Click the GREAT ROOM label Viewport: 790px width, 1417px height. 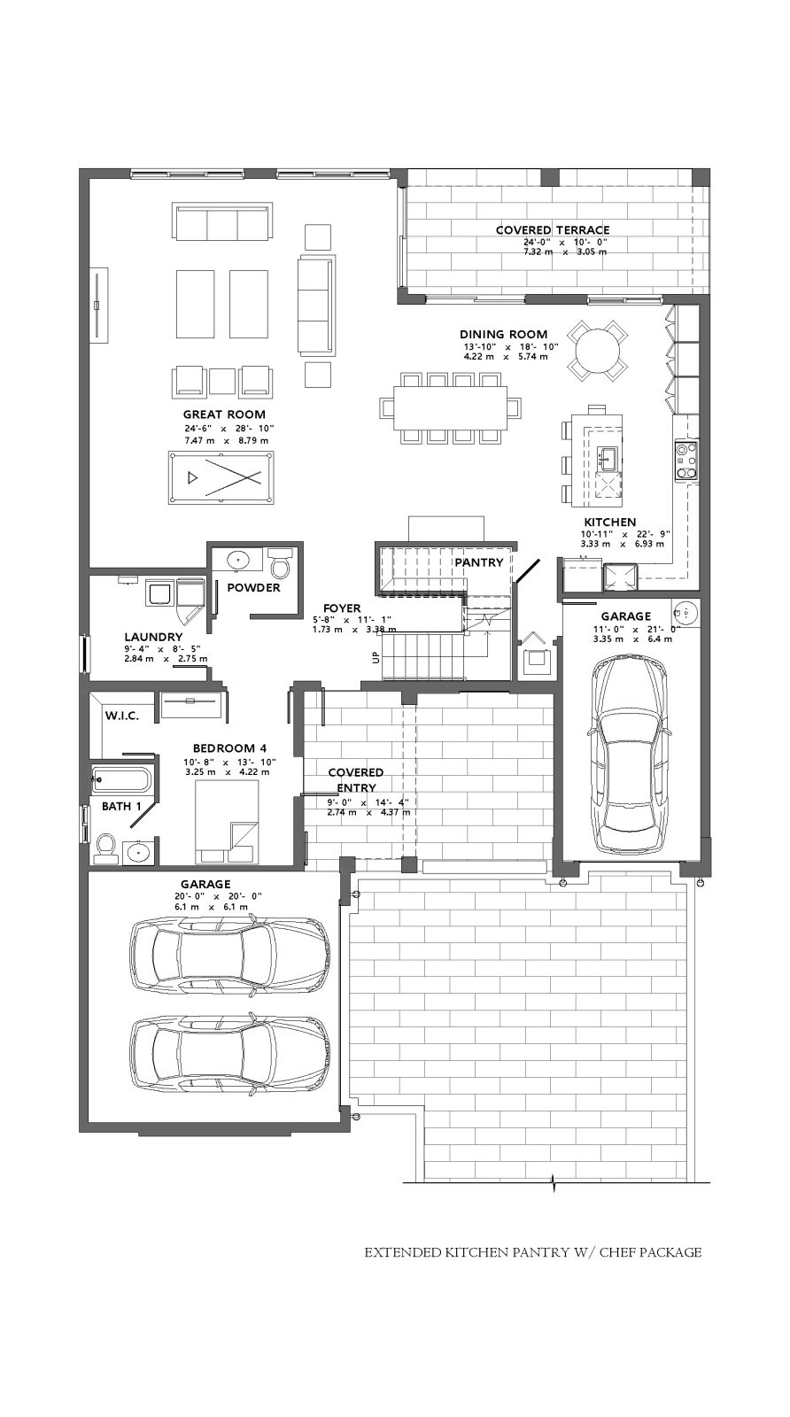[224, 414]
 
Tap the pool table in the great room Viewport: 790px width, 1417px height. [221, 477]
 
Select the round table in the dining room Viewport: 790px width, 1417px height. [598, 351]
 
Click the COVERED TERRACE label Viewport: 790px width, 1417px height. [552, 229]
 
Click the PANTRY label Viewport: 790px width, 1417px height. [479, 561]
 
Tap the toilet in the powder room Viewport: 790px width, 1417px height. [279, 561]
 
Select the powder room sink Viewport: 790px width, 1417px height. [238, 559]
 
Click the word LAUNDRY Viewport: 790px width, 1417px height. [153, 637]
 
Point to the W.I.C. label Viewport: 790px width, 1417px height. [121, 716]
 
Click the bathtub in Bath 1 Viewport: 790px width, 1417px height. [120, 780]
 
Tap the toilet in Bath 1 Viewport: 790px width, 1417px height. [105, 848]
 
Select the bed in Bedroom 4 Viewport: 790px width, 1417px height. [227, 822]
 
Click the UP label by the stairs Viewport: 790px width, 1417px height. [376, 658]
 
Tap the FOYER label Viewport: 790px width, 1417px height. [342, 608]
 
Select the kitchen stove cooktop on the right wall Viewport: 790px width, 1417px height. [685, 461]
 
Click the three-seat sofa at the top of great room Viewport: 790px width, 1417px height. [222, 221]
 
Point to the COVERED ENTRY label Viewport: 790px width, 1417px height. [355, 780]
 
